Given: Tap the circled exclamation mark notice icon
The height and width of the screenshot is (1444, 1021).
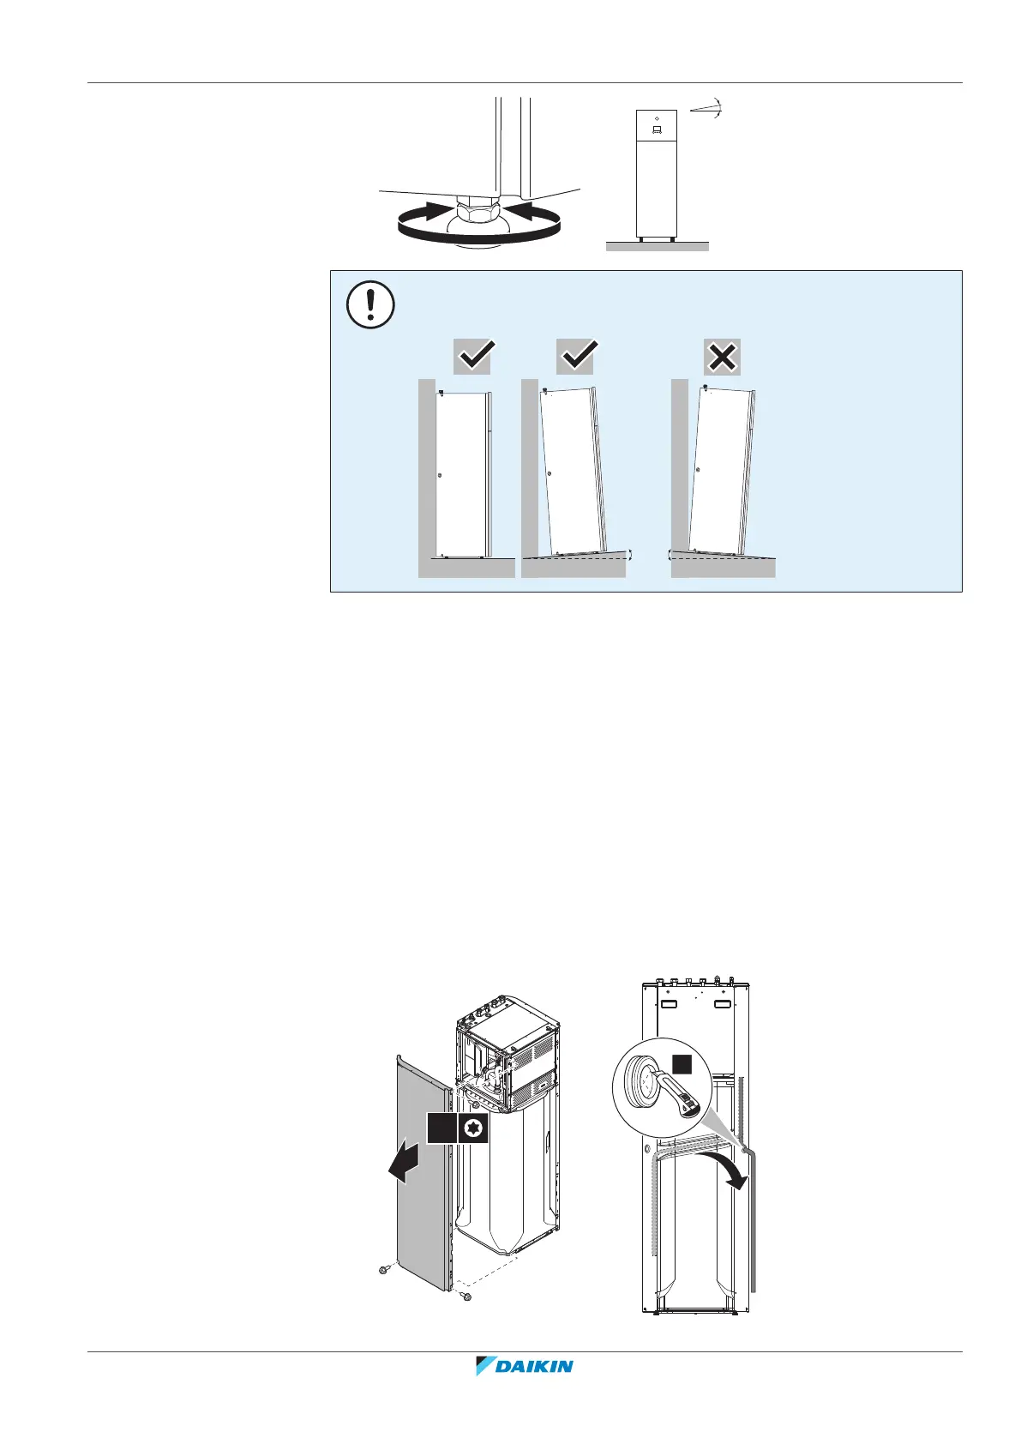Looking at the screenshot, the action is [370, 304].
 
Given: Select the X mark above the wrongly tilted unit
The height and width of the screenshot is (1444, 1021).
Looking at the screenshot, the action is [722, 357].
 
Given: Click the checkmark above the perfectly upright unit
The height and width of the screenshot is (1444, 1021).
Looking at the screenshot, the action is [473, 357].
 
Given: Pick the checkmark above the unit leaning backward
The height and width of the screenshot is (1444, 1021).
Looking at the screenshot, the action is [576, 357].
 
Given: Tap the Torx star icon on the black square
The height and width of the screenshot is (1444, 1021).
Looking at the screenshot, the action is [472, 1128].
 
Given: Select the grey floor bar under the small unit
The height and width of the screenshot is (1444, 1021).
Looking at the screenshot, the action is [657, 246].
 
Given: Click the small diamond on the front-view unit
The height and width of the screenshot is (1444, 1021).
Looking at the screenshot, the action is [656, 117].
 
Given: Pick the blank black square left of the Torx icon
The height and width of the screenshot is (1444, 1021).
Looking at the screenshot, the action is [441, 1128].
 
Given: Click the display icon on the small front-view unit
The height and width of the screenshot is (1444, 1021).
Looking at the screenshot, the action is [657, 130].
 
